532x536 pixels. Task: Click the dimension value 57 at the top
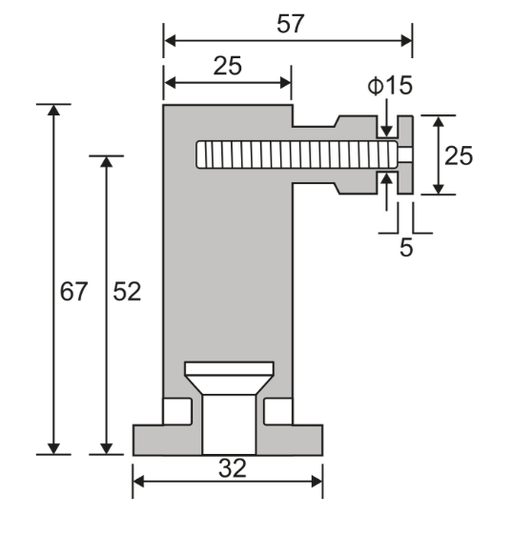[290, 24]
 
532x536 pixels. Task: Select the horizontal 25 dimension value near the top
[227, 66]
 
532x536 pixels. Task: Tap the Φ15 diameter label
[390, 86]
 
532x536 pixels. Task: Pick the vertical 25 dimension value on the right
[459, 155]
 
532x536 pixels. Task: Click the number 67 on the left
[73, 292]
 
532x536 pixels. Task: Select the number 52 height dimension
[127, 292]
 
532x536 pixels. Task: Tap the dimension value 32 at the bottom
[232, 468]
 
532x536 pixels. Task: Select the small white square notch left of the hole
[176, 411]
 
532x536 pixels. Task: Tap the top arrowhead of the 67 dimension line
[54, 111]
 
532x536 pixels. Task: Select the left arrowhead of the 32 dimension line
[139, 482]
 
